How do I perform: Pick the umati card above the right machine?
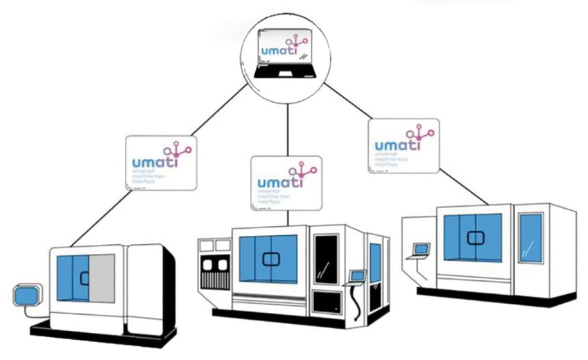pos(404,145)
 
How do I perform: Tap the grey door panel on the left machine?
pos(103,277)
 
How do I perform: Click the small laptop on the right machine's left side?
pos(420,249)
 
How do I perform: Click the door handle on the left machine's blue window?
pos(85,278)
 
